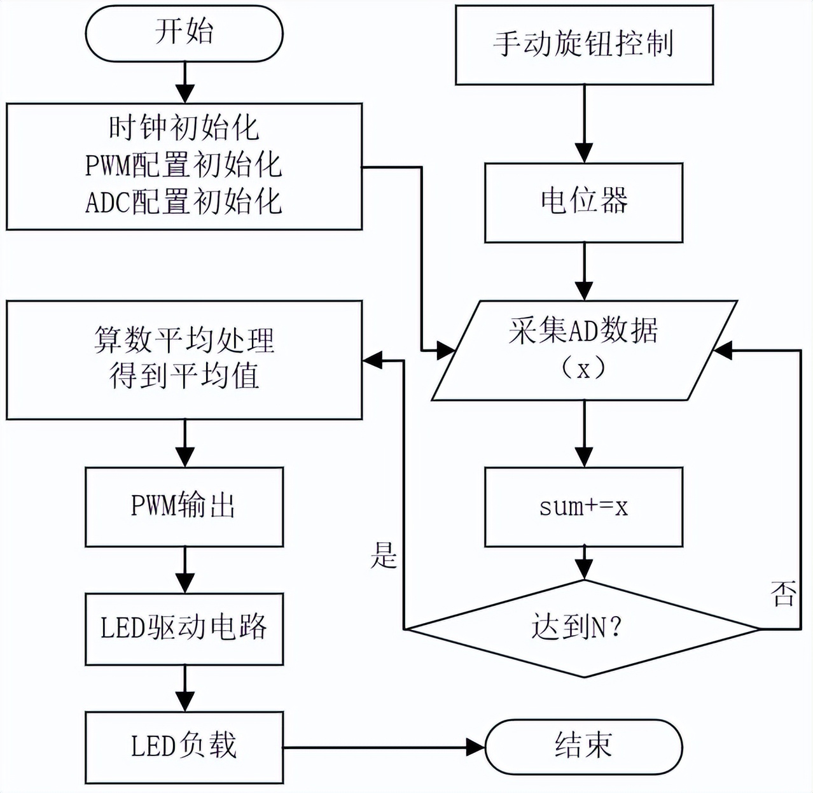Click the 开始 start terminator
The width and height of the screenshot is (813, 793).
[x=184, y=32]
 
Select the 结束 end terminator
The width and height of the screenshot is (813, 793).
[x=583, y=746]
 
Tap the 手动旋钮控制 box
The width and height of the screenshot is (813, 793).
[x=583, y=45]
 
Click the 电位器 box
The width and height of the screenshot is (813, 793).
[x=583, y=202]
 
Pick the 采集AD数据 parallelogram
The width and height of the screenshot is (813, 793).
[x=583, y=350]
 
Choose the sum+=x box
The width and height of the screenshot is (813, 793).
[x=583, y=507]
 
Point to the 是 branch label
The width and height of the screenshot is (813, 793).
[x=384, y=556]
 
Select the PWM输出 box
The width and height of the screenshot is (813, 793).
[x=184, y=507]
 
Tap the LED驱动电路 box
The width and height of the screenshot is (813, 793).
[x=184, y=629]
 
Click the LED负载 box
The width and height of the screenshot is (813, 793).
[x=184, y=747]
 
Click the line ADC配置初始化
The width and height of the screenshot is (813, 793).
[x=184, y=202]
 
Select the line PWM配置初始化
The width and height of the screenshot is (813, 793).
[x=184, y=166]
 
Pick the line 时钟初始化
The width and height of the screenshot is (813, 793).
[x=184, y=129]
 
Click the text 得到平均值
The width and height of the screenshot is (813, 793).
[x=184, y=376]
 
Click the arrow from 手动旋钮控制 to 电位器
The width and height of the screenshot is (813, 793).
[x=583, y=123]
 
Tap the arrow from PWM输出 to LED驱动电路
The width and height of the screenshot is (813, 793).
[x=184, y=570]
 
